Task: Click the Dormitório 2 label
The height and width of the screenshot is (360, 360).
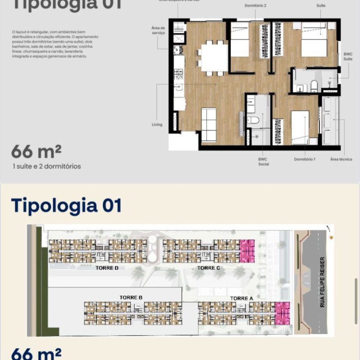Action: (x=255, y=6)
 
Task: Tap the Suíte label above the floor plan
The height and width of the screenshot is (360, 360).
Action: (x=321, y=6)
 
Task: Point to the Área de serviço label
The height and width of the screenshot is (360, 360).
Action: (x=158, y=30)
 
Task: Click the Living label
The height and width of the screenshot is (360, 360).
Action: (x=157, y=125)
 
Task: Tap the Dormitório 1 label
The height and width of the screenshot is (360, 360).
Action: (x=305, y=159)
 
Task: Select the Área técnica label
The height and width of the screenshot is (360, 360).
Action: (x=341, y=159)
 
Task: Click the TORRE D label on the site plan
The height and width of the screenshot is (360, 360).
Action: (x=107, y=268)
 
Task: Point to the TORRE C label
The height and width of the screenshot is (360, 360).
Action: (x=208, y=268)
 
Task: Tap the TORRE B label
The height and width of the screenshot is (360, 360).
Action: (x=131, y=297)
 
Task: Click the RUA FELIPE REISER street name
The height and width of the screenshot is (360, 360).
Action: (x=322, y=282)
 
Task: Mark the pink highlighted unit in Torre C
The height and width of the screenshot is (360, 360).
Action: (x=247, y=251)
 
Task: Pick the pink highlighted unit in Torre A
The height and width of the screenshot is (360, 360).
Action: (x=283, y=313)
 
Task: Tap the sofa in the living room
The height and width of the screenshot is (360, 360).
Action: (x=208, y=125)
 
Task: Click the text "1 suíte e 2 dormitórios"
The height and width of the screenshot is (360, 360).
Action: (x=47, y=166)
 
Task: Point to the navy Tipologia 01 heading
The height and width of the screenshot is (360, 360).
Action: (x=67, y=205)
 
